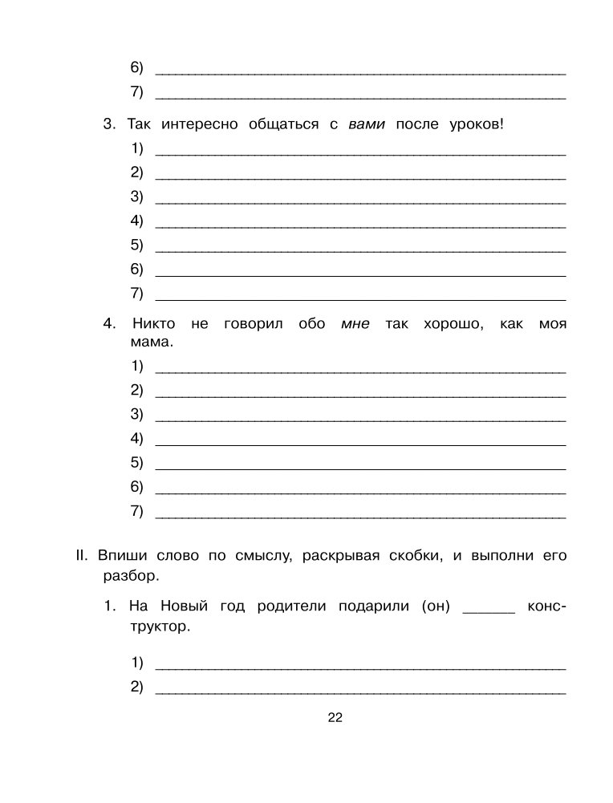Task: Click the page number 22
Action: pyautogui.click(x=335, y=718)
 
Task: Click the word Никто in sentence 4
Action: pyautogui.click(x=155, y=324)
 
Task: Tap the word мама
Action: pyautogui.click(x=149, y=343)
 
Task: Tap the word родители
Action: pyautogui.click(x=292, y=606)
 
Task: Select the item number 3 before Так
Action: pyautogui.click(x=109, y=124)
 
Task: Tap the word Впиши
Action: pyautogui.click(x=120, y=555)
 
